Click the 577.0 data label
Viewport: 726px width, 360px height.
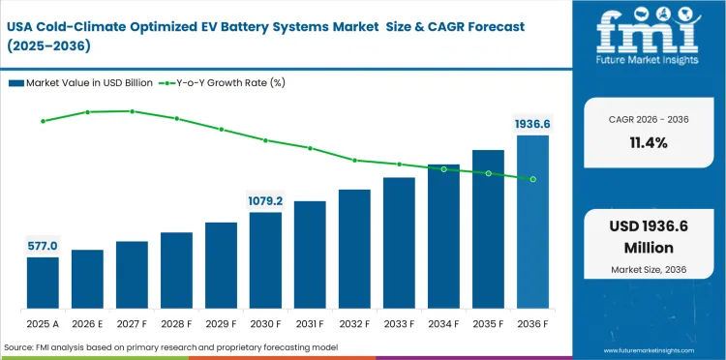[43, 246]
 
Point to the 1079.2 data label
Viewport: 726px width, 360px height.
[265, 201]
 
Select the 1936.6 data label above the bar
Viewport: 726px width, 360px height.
[532, 124]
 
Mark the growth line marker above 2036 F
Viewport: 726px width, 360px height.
[532, 179]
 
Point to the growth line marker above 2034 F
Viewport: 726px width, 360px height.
[443, 169]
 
